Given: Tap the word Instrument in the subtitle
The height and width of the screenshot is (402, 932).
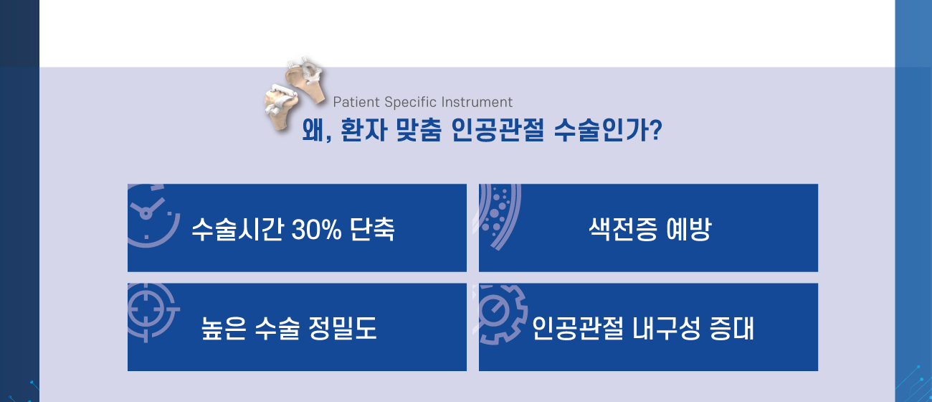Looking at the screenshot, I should click(x=480, y=102).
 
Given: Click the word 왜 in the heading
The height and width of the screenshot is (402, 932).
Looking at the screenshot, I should click(x=314, y=131).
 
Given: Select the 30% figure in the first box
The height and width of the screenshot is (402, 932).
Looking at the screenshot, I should click(x=316, y=230).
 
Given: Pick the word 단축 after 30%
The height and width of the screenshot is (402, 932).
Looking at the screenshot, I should click(x=372, y=230).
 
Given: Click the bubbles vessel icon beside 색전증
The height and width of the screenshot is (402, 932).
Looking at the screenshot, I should click(x=499, y=215).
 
